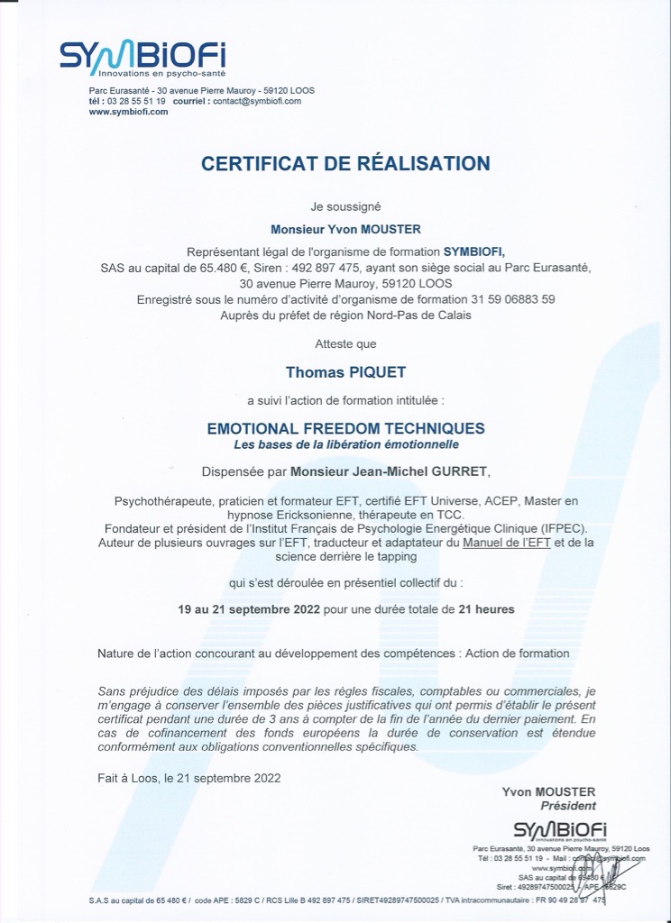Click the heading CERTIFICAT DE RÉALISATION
(345, 163)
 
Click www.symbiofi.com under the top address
(129, 112)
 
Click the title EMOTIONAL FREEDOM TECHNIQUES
(346, 428)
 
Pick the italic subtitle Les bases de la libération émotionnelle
(346, 444)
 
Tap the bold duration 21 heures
(486, 609)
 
